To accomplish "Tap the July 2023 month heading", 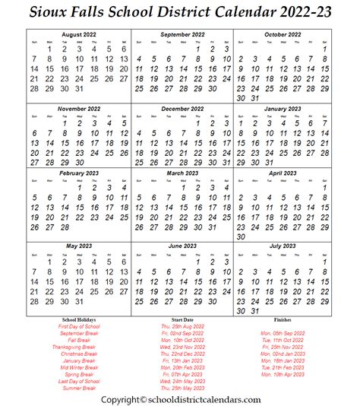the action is (282, 246).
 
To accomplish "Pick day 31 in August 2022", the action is (78, 89).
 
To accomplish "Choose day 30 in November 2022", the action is (78, 162).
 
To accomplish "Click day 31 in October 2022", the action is (257, 97).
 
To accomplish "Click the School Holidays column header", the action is (78, 319).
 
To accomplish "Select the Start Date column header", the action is (182, 319).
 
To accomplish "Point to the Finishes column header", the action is (282, 319).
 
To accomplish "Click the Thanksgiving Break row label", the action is (78, 347).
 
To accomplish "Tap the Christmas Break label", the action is (79, 354).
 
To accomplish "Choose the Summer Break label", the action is (79, 388).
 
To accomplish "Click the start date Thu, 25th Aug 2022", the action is (182, 326).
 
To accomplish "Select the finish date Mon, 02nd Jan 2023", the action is (283, 354).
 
